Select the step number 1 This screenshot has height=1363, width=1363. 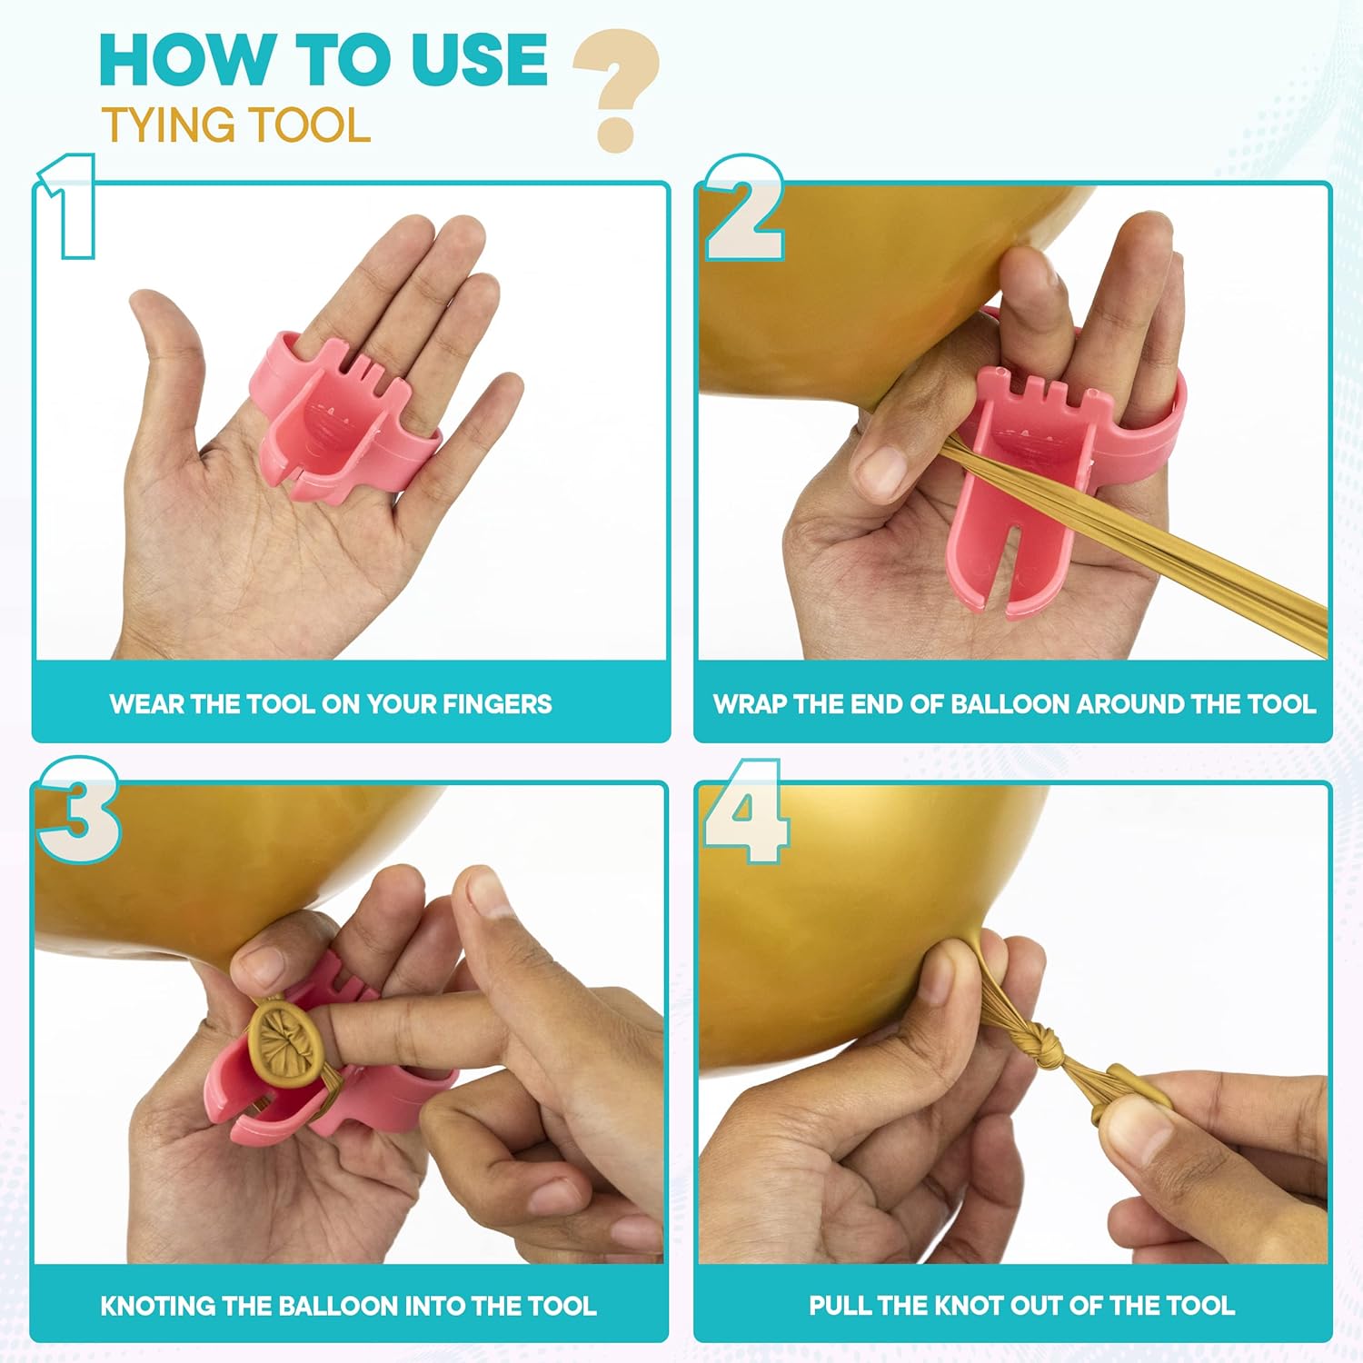click(65, 206)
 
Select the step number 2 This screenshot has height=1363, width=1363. click(744, 208)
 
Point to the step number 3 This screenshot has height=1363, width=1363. click(78, 810)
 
